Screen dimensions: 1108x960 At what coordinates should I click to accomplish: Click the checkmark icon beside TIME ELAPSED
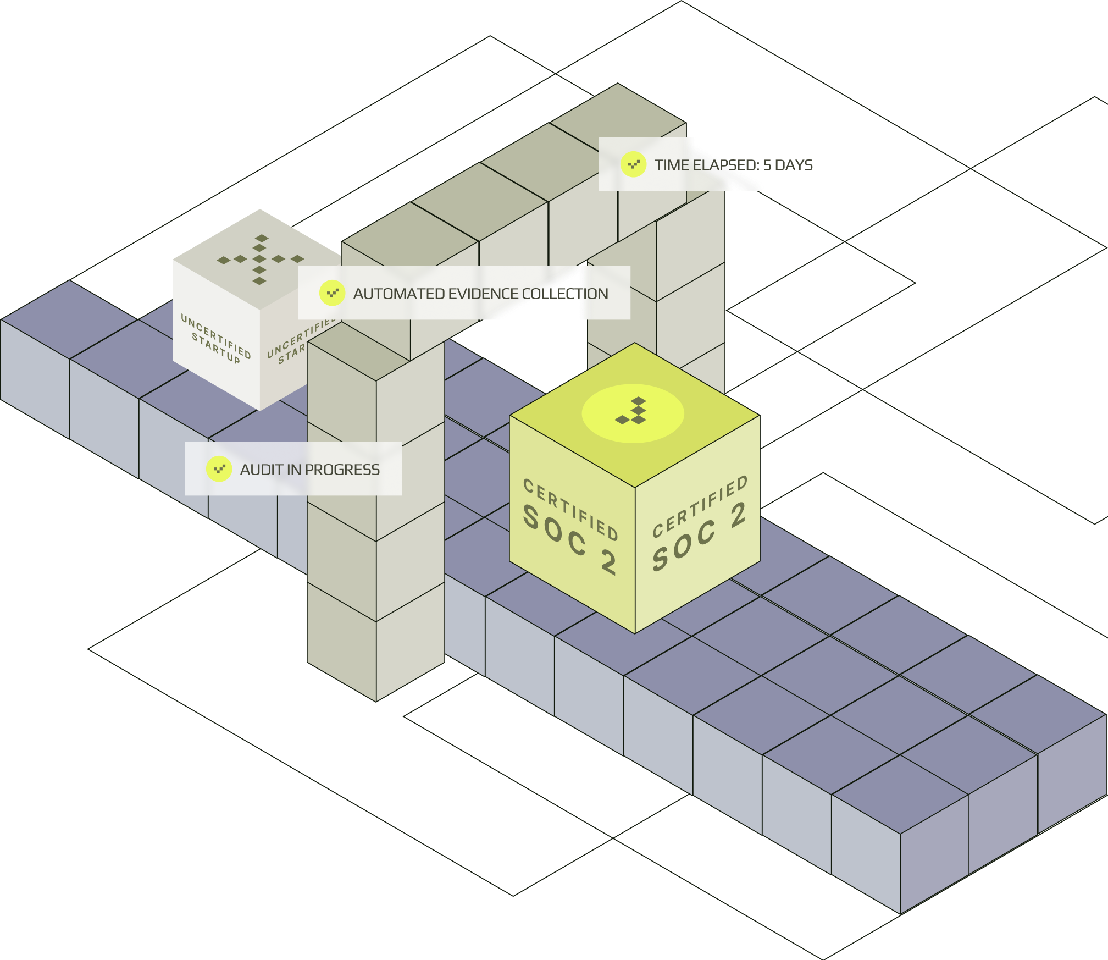click(x=633, y=164)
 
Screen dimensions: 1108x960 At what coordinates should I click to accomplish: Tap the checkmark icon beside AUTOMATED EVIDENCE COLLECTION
click(x=332, y=293)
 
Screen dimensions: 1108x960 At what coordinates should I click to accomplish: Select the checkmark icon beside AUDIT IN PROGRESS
click(x=219, y=469)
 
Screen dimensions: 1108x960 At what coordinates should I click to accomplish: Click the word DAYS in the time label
click(x=794, y=165)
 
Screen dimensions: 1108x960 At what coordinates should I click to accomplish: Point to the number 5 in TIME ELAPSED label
click(x=767, y=165)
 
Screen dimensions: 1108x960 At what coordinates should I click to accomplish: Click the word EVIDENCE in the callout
click(x=484, y=294)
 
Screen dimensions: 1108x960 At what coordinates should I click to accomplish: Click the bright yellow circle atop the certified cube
click(x=633, y=413)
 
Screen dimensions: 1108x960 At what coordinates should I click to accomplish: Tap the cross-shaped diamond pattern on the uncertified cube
click(x=260, y=259)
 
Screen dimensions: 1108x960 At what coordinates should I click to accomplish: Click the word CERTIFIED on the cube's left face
click(x=570, y=509)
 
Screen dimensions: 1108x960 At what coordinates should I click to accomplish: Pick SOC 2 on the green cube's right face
click(x=699, y=537)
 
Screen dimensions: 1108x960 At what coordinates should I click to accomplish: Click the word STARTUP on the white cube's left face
click(x=216, y=348)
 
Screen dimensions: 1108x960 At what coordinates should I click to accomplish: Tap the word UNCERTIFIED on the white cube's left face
click(x=216, y=335)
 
